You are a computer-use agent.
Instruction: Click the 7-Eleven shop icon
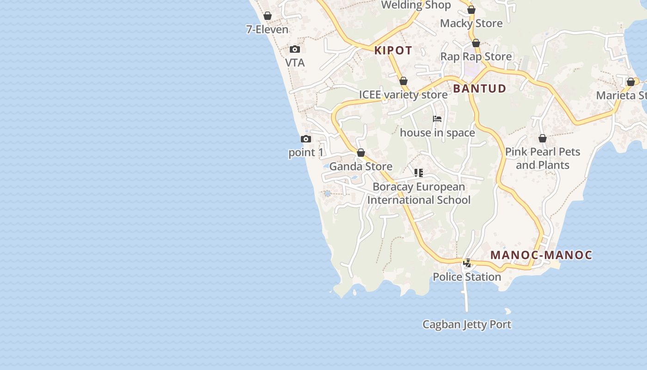pos(267,16)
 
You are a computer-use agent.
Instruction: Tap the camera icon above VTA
pos(295,49)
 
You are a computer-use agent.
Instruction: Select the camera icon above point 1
pos(305,139)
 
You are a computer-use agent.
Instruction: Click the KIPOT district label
pos(393,50)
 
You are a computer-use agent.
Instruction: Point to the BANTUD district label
pos(479,88)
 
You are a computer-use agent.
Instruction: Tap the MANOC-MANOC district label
pos(541,255)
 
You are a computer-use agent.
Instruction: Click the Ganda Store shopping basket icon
pos(361,153)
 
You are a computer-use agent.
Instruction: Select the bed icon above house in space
pos(437,119)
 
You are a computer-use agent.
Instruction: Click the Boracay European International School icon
pos(419,173)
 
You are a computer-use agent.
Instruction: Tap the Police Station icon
pos(467,263)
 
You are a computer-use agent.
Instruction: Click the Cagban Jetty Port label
pos(467,324)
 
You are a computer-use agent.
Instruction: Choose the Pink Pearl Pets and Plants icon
pos(543,138)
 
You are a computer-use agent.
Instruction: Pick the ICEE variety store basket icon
pos(403,81)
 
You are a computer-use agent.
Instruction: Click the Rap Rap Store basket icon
pos(476,43)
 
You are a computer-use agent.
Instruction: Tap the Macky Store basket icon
pos(471,10)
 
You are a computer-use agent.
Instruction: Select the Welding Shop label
pos(415,5)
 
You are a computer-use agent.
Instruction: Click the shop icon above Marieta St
pos(631,82)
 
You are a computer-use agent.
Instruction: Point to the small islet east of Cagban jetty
pos(508,311)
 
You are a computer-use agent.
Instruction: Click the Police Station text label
pos(467,277)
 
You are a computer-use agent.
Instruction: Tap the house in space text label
pos(437,133)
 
